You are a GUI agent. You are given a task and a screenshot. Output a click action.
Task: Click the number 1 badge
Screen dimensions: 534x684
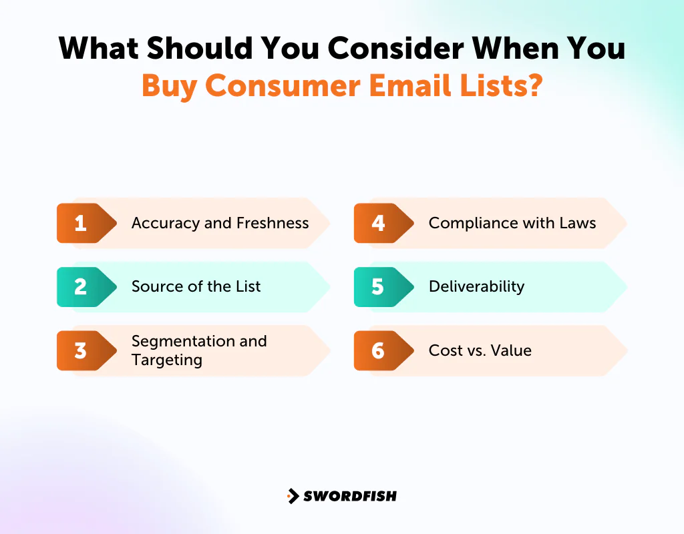point(81,223)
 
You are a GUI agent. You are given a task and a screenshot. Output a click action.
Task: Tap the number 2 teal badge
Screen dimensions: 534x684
point(81,287)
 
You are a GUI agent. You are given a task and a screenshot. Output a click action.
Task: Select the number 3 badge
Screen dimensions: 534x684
point(81,350)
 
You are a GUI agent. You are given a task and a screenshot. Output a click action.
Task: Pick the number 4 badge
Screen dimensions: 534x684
point(378,223)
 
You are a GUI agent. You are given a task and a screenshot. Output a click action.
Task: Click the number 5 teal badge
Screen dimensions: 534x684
point(378,287)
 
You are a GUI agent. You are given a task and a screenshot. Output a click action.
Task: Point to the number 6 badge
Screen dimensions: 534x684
point(378,350)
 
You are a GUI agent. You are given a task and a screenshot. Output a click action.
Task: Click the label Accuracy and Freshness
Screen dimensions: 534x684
point(220,223)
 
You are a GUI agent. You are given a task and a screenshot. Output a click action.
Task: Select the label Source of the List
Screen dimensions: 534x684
point(196,287)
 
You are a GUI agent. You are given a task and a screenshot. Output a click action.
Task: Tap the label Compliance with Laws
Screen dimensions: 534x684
point(512,223)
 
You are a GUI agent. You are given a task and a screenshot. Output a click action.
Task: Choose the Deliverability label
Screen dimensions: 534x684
point(476,287)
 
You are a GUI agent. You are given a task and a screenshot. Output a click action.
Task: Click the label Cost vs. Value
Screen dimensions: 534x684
point(480,350)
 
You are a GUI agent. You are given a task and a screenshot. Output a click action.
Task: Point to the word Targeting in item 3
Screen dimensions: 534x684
point(166,360)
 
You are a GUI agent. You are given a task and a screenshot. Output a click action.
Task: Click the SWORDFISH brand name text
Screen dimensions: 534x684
point(350,496)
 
